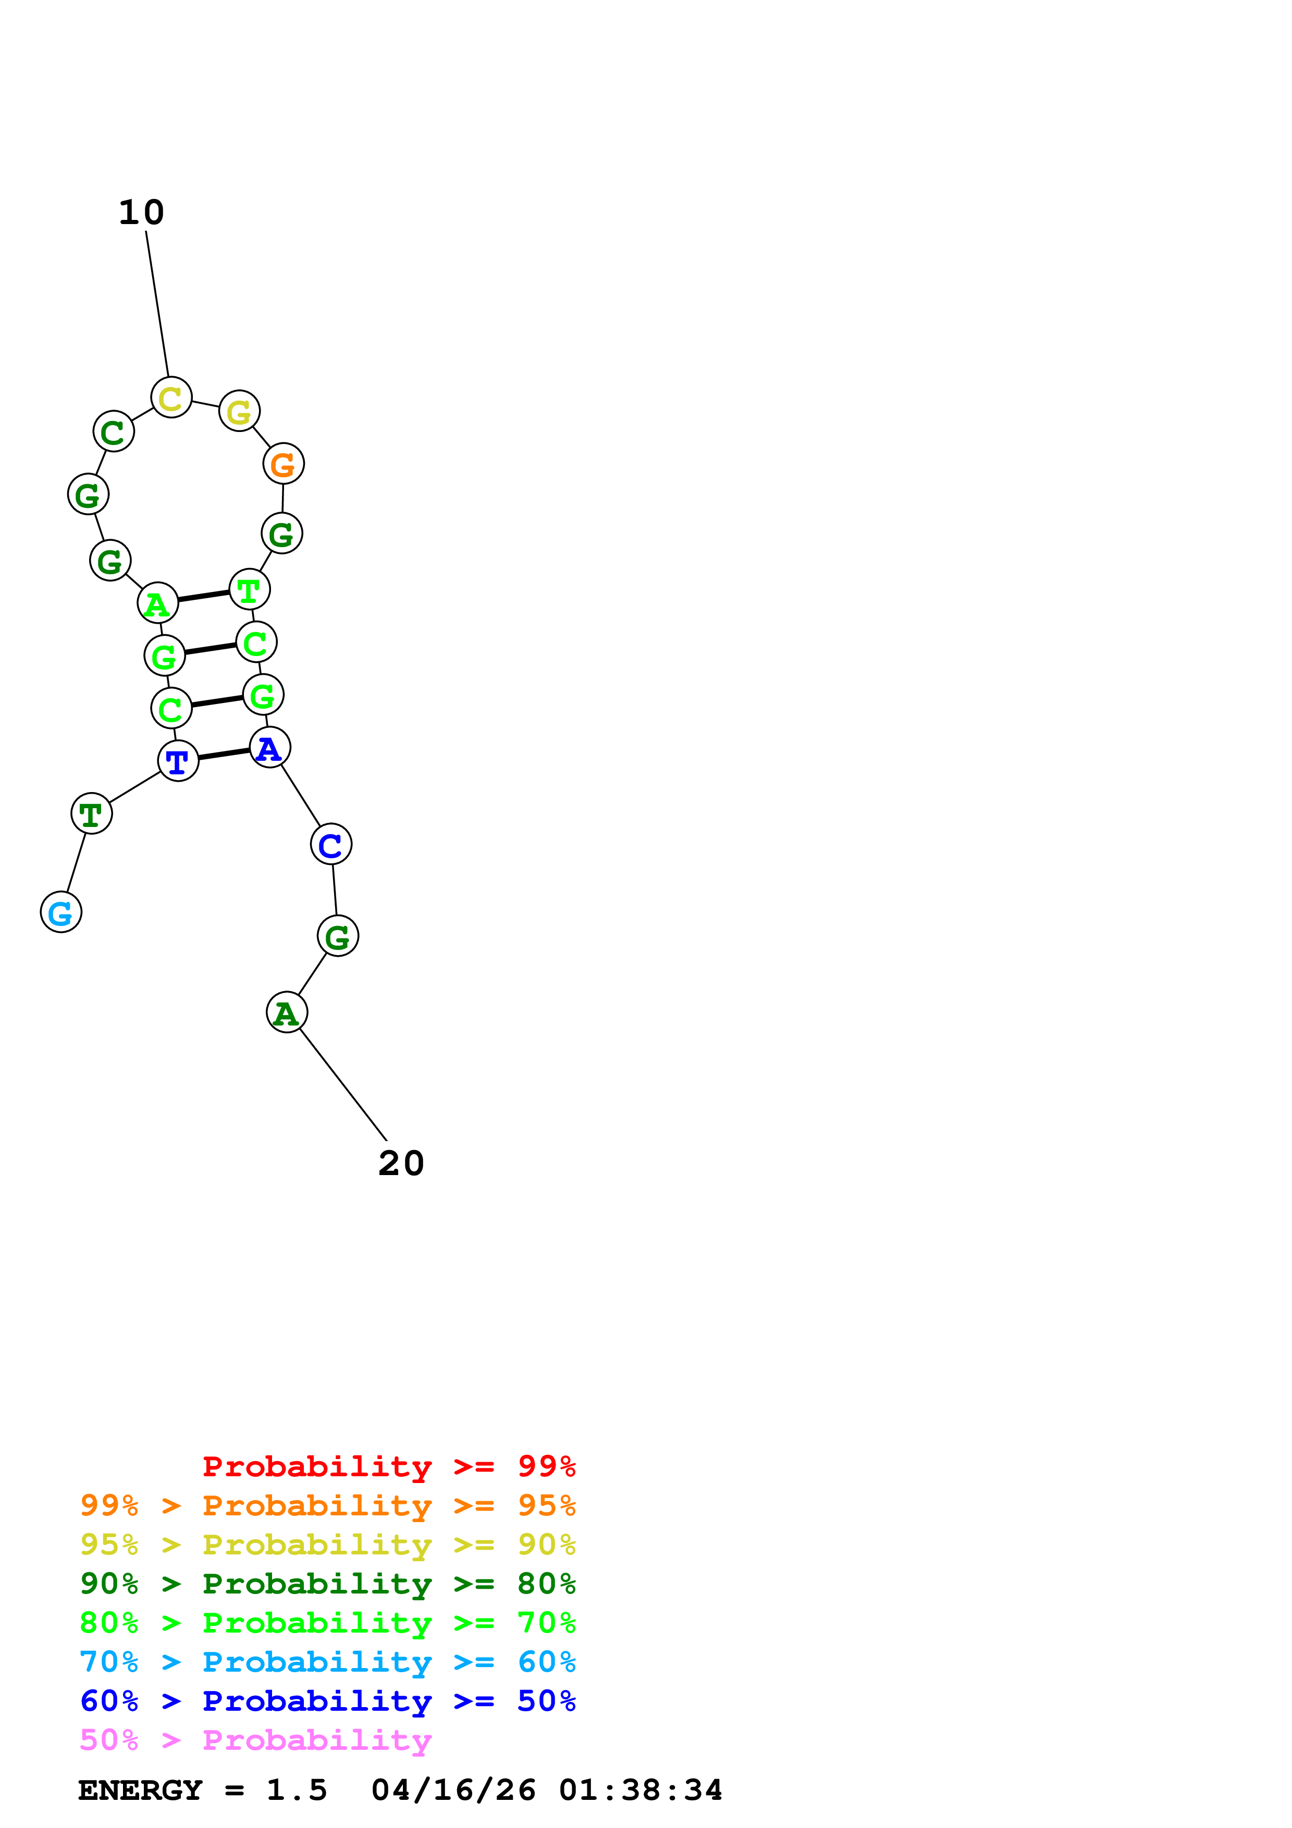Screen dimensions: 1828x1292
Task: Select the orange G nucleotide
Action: pos(284,463)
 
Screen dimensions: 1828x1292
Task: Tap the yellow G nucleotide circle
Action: pos(239,411)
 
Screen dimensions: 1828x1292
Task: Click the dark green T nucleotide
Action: pos(92,813)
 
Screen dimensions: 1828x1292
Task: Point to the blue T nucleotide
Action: pos(178,761)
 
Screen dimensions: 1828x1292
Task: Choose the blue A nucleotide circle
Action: pos(270,748)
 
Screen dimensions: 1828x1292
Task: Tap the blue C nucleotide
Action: pos(331,844)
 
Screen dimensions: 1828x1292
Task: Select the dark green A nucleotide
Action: pos(287,1012)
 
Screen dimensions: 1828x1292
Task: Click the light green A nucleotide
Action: pos(157,603)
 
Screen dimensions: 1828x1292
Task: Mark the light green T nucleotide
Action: pos(249,589)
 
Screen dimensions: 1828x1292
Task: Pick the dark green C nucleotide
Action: pos(113,431)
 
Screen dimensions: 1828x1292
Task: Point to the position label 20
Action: pos(401,1163)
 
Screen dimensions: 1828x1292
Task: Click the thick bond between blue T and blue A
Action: pos(224,754)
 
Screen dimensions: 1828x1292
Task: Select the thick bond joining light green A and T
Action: pos(204,596)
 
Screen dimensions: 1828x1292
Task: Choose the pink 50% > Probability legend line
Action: pos(255,1739)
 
